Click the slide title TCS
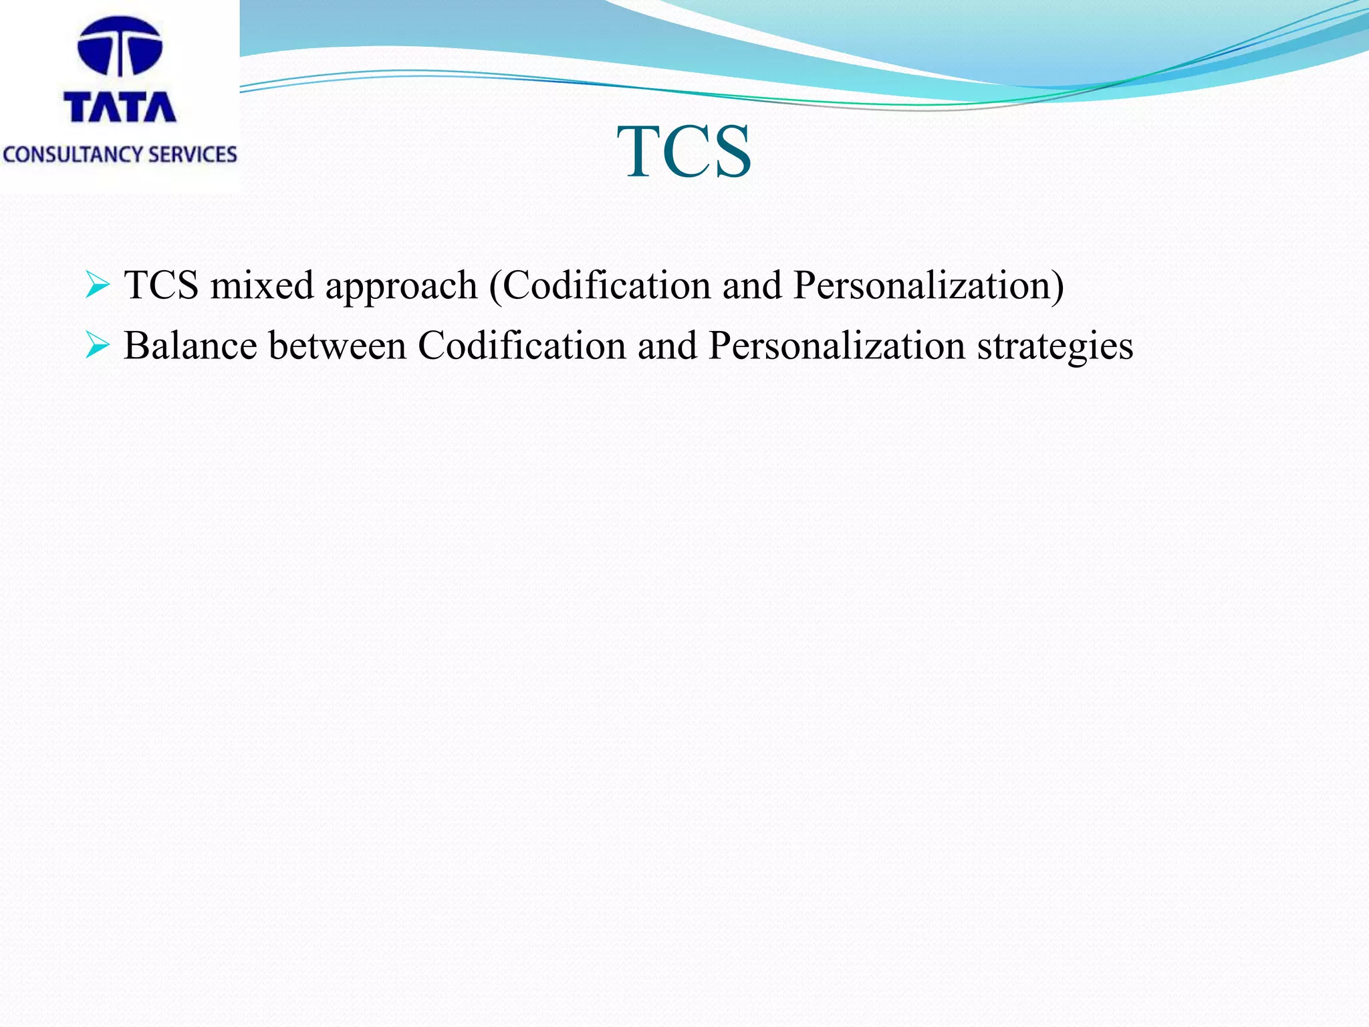pos(684,152)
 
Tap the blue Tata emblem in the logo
pos(120,46)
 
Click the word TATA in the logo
pos(120,107)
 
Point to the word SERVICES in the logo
pos(193,154)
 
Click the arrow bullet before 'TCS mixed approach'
pos(98,286)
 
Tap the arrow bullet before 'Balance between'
pos(98,346)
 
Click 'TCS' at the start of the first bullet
pos(161,286)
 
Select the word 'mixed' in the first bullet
pos(261,286)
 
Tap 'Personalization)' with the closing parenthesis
pos(928,286)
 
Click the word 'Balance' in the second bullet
pos(191,346)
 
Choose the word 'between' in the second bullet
pos(338,346)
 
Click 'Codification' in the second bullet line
pos(522,346)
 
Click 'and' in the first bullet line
pos(751,286)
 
